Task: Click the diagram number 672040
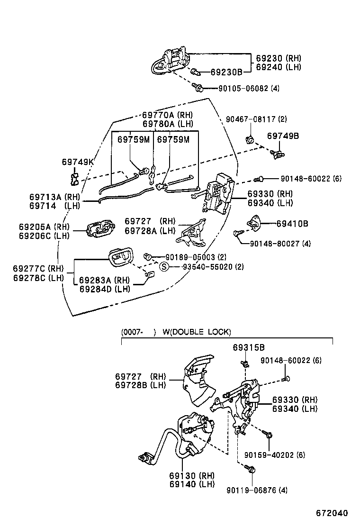332,513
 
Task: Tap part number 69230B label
226,72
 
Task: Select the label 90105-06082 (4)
249,88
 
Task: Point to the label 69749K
78,162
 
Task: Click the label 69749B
283,136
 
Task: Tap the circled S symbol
164,267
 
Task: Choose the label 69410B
292,223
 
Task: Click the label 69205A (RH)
41,227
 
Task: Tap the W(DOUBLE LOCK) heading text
197,332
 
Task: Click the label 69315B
248,348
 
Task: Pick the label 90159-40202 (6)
274,455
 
